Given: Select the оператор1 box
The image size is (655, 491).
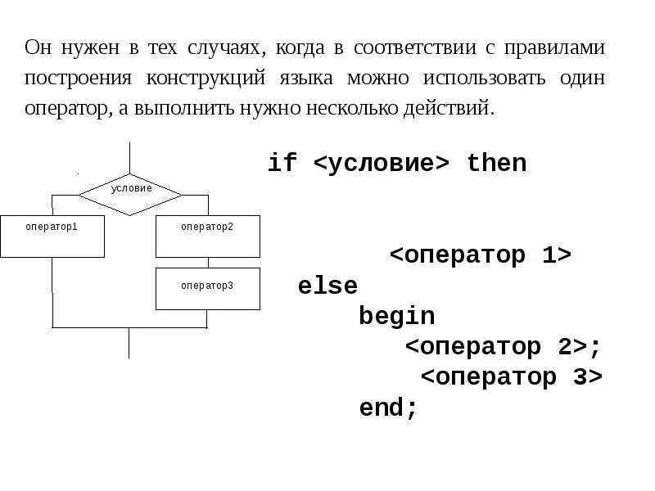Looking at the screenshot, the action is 52,236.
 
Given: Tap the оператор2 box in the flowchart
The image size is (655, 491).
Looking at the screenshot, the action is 207,236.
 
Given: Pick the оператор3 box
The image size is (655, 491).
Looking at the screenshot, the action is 207,288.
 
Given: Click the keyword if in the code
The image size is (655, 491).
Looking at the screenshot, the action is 282,164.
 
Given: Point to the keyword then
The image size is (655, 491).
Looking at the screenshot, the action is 496,164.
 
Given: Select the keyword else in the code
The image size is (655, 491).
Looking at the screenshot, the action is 327,286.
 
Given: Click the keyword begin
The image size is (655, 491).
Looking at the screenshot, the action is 396,317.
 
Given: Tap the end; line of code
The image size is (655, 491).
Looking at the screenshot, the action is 388,408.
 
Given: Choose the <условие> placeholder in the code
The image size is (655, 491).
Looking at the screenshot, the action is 382,164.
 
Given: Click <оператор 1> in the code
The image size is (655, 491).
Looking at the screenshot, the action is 480,255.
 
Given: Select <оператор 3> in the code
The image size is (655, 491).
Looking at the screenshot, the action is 511,377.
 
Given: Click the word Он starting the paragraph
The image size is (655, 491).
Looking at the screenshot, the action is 38,47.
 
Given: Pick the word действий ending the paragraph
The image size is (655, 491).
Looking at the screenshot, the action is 458,108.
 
